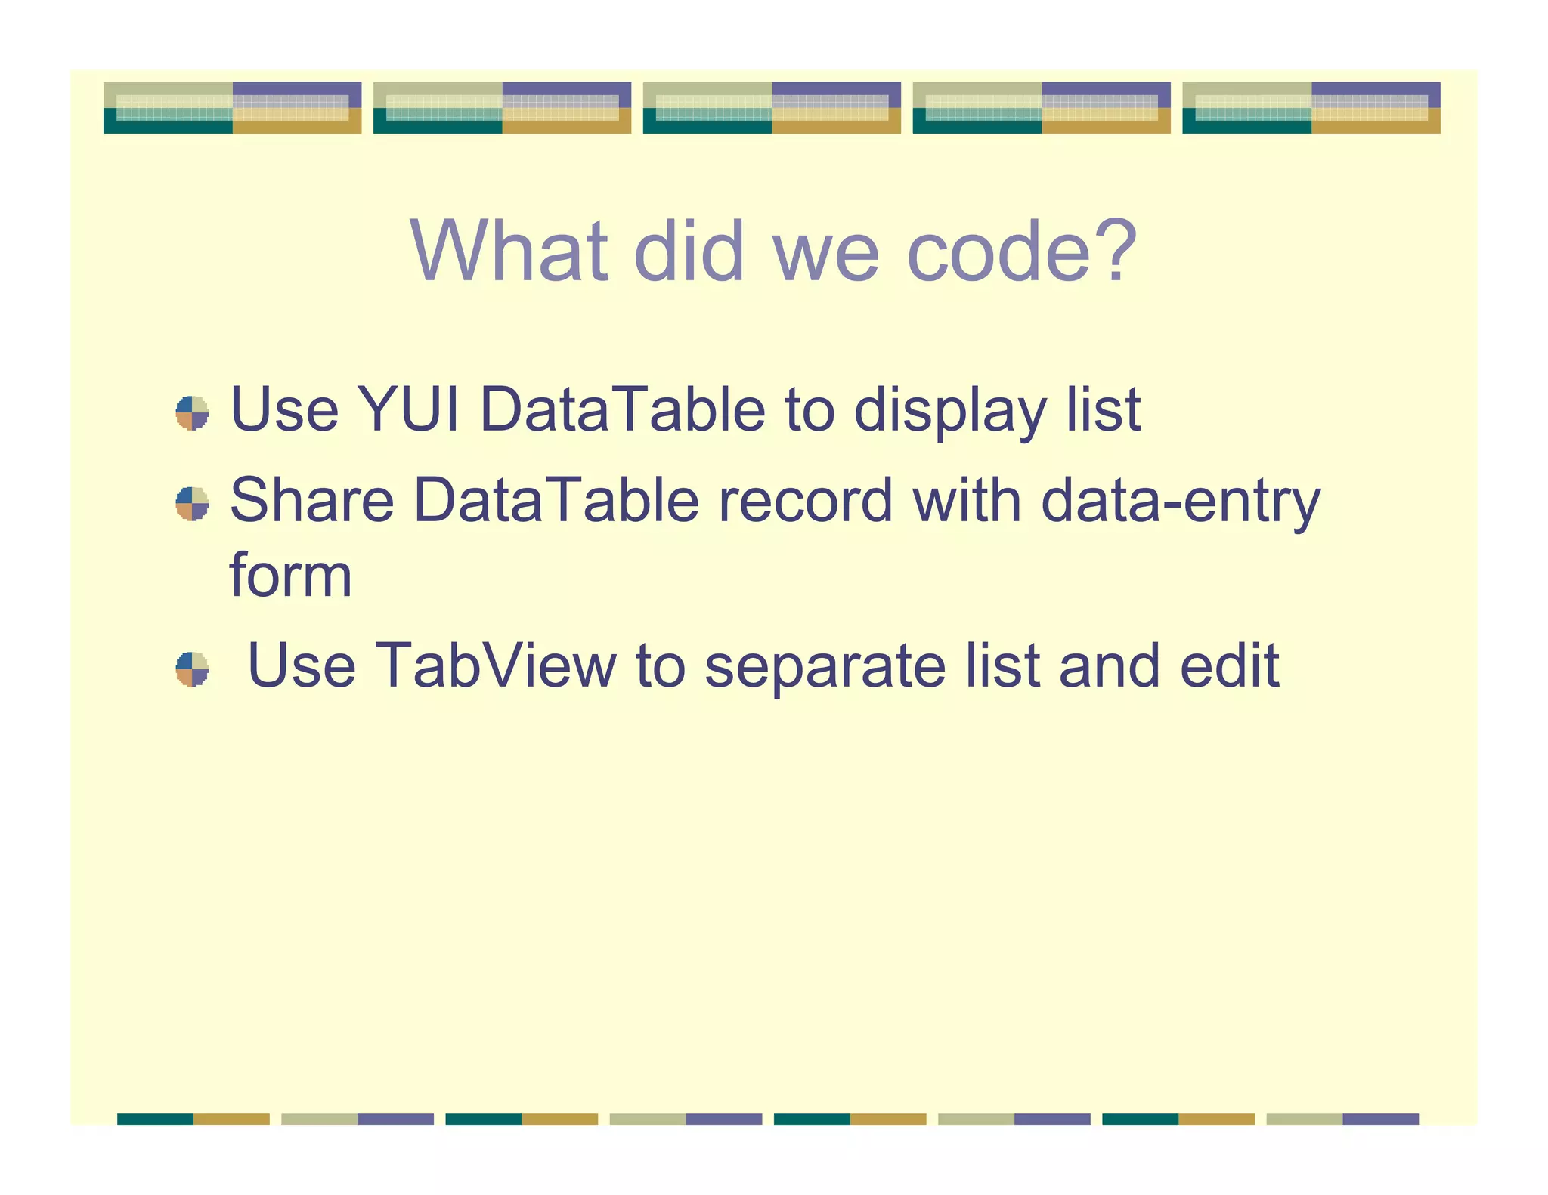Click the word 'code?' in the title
pos(1021,252)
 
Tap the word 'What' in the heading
pos(509,252)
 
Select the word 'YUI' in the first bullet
pos(407,410)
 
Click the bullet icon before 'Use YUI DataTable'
pos(192,413)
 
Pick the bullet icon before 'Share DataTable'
pos(192,504)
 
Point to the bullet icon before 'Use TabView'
pos(192,669)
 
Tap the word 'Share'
pos(311,501)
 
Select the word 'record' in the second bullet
pos(805,501)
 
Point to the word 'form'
pos(290,576)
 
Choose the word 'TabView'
pos(495,666)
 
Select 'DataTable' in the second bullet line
pos(556,501)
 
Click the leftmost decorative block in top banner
pos(232,107)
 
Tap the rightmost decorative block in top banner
pos(1311,107)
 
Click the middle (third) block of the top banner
pos(772,107)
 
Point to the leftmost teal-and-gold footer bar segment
pos(193,1119)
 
